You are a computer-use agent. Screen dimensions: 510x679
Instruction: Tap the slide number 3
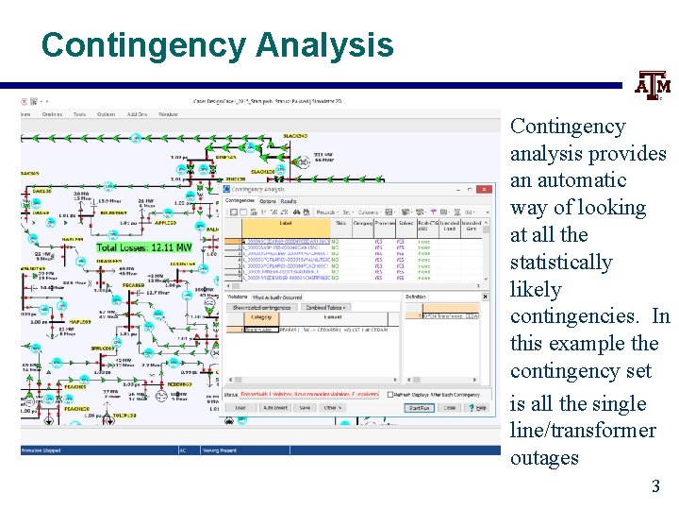pos(655,487)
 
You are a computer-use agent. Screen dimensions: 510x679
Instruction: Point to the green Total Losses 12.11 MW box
pos(143,246)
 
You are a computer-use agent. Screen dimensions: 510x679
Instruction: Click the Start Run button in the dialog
pos(419,408)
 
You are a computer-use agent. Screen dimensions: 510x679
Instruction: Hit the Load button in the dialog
pos(240,408)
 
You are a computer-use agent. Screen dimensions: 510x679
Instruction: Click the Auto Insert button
pos(274,408)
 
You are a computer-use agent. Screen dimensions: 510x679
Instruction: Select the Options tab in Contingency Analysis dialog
pos(268,201)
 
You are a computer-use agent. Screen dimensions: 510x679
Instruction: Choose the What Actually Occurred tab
pos(279,297)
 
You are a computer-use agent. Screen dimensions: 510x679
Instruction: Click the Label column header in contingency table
pos(285,224)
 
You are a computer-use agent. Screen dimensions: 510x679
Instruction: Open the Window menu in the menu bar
pos(168,114)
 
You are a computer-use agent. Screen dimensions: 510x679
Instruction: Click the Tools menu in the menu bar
pos(79,114)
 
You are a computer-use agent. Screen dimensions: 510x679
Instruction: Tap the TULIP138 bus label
pos(124,416)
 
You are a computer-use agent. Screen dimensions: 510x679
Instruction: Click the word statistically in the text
pos(561,263)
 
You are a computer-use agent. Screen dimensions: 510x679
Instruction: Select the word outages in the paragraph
pos(544,458)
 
